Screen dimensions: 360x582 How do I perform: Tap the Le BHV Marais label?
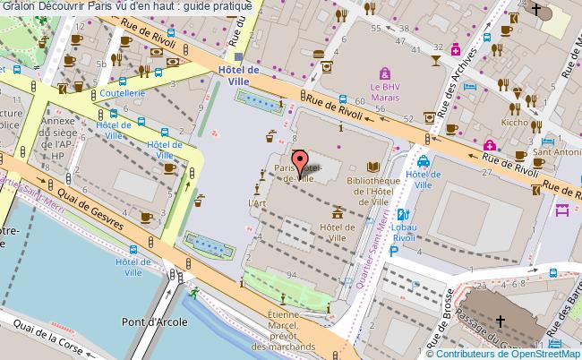coord(385,92)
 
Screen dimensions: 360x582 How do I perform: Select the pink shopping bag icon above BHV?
coord(385,73)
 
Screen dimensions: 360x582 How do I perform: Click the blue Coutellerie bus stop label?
coord(122,91)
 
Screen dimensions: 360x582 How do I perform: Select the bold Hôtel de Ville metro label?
coord(240,75)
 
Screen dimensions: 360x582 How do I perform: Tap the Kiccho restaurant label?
coord(515,120)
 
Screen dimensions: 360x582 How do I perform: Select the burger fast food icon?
coord(319,54)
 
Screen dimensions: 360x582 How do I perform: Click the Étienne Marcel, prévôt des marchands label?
coord(290,330)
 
